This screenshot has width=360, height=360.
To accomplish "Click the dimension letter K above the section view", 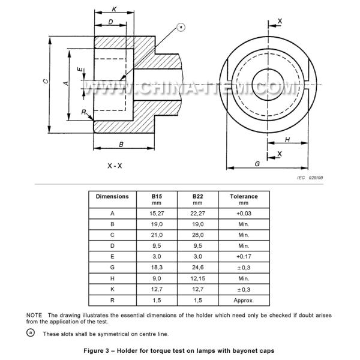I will (x=113, y=9).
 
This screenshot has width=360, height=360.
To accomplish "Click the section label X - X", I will (x=115, y=165).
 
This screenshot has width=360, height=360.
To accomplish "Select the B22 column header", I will (x=198, y=196).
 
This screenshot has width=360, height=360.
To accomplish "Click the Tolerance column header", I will (x=244, y=196).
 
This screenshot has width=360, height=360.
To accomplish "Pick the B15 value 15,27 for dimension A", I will (x=157, y=213).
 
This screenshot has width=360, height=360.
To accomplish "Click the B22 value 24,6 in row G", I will (x=198, y=268).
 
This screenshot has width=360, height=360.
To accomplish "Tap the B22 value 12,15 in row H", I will (x=198, y=278).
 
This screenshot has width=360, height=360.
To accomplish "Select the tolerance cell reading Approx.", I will (x=244, y=300).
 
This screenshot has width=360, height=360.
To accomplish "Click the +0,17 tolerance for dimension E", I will (x=244, y=257).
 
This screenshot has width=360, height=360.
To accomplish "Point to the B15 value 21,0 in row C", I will (x=157, y=235).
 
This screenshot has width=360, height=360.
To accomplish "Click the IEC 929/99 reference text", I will (x=310, y=178).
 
